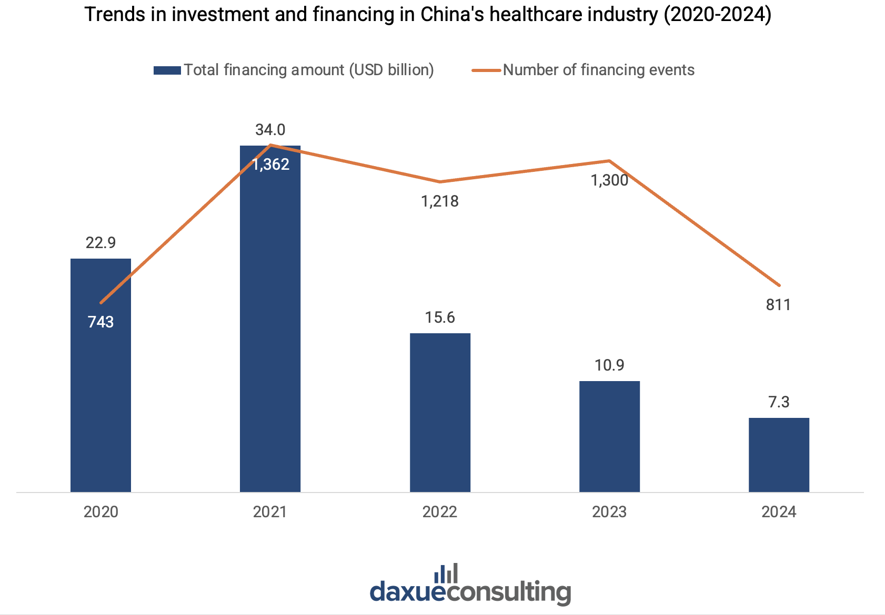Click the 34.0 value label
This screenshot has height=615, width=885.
(x=270, y=129)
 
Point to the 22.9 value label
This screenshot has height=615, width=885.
(x=100, y=243)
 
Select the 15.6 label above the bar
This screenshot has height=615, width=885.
(x=440, y=317)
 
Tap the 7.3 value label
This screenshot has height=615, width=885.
(x=779, y=402)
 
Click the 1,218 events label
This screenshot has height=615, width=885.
(x=440, y=201)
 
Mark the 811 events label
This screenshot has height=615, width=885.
(x=779, y=305)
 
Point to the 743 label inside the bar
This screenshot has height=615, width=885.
(x=100, y=322)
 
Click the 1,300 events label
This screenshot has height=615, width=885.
(x=609, y=181)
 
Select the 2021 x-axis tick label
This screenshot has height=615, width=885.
(x=270, y=512)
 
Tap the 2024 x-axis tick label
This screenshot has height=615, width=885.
(x=779, y=512)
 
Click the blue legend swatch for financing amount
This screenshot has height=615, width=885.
(x=167, y=70)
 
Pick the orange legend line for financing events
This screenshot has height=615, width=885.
(x=486, y=70)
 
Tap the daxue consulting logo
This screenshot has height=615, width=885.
(x=470, y=586)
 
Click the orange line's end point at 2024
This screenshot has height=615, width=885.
(x=779, y=285)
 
